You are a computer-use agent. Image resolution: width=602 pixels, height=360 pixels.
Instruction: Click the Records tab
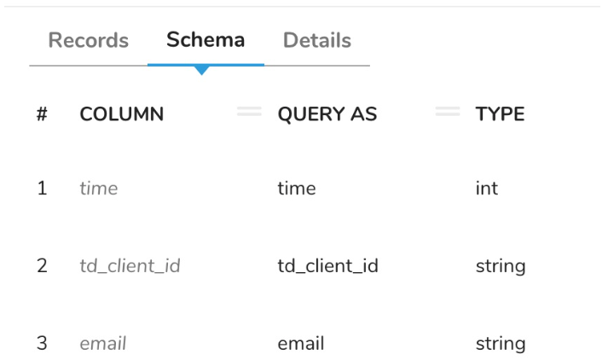pos(88,40)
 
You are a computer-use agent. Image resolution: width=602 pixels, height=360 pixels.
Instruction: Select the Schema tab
pos(205,39)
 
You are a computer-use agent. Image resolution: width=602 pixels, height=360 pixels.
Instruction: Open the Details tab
pos(316,40)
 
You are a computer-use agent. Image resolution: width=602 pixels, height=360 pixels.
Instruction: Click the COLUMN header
pos(121,113)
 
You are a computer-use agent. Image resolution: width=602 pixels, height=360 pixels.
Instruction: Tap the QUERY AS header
pos(327,113)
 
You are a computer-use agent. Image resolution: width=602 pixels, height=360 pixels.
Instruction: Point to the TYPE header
pos(500,113)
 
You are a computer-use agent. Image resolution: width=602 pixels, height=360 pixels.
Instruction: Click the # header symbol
pos(42,113)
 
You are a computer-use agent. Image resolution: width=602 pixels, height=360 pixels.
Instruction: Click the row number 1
pos(42,189)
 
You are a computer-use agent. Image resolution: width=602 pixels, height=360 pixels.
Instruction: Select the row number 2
pos(42,265)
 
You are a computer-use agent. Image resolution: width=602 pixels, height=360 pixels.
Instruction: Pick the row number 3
pos(42,343)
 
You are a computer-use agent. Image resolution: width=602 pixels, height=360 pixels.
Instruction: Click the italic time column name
pos(98,189)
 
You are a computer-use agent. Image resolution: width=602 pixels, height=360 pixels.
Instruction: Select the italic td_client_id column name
pos(130,265)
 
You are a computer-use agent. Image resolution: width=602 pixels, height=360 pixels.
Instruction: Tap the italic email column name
pos(102,343)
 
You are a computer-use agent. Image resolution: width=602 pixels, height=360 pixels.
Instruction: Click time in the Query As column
pos(296,189)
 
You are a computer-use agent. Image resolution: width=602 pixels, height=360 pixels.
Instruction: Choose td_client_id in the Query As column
pos(327,265)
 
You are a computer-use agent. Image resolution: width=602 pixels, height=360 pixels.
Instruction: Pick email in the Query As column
pos(300,343)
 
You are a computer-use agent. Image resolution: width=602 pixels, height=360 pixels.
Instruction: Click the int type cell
pos(486,189)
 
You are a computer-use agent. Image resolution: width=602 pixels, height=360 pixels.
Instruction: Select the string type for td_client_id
pos(500,265)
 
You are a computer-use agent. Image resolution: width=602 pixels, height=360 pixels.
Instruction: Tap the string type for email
pos(500,343)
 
